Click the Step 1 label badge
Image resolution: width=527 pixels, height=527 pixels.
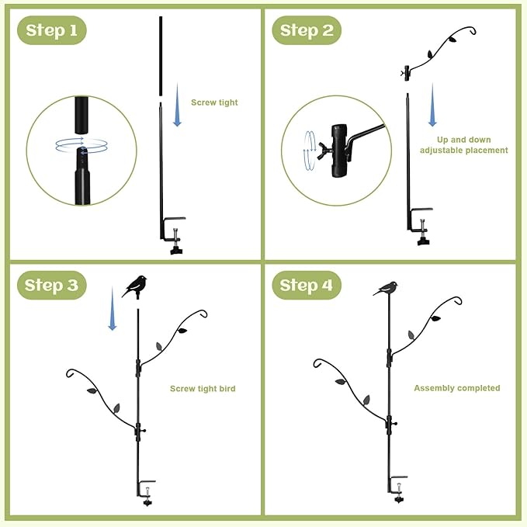[x=51, y=30]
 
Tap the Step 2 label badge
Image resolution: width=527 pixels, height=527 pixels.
[x=307, y=30]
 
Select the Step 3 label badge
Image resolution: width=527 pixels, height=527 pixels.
[x=51, y=285]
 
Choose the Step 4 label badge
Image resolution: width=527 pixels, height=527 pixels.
[x=307, y=285]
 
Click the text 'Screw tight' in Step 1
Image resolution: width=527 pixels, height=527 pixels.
[x=214, y=102]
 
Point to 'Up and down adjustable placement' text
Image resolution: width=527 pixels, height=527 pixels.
[x=463, y=144]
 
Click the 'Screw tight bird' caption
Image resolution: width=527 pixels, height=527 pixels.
[x=203, y=389]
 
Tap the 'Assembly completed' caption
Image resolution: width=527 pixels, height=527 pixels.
[x=456, y=388]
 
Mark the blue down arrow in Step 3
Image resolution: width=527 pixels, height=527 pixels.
[x=113, y=315]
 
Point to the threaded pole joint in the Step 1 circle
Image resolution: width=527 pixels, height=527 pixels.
[x=81, y=147]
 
